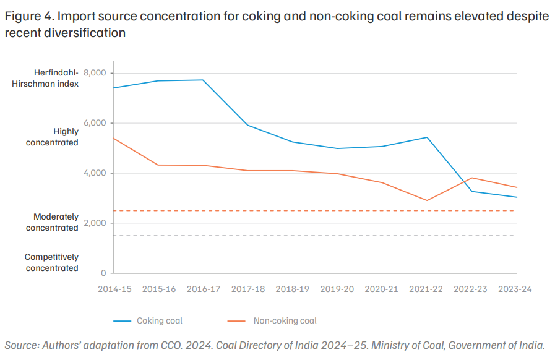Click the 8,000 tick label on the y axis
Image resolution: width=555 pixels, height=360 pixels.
95,73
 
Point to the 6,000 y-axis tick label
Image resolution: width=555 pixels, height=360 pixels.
95,123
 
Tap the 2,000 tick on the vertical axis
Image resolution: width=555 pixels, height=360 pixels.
95,223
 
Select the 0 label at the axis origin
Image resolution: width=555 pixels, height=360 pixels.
103,273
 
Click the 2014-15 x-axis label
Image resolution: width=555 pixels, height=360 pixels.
114,289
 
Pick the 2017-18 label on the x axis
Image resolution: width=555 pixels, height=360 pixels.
248,289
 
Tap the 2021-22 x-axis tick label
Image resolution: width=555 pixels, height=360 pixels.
426,289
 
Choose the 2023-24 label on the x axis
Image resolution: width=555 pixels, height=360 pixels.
515,289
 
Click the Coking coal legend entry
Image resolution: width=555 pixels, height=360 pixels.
148,320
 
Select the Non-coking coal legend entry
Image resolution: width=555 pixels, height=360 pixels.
272,320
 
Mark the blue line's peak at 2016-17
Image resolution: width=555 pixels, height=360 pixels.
203,80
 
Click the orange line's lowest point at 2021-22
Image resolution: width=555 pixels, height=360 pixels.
427,200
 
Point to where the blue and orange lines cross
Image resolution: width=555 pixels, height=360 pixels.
463,182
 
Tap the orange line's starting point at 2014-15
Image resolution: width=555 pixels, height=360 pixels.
113,138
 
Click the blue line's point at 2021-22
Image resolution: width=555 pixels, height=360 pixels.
427,137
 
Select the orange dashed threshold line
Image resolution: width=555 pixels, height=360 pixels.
314,211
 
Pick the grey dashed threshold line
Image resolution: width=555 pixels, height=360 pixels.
314,236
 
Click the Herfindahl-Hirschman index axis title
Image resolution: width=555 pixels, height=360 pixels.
45,78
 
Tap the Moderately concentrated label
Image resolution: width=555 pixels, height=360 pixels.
52,222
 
